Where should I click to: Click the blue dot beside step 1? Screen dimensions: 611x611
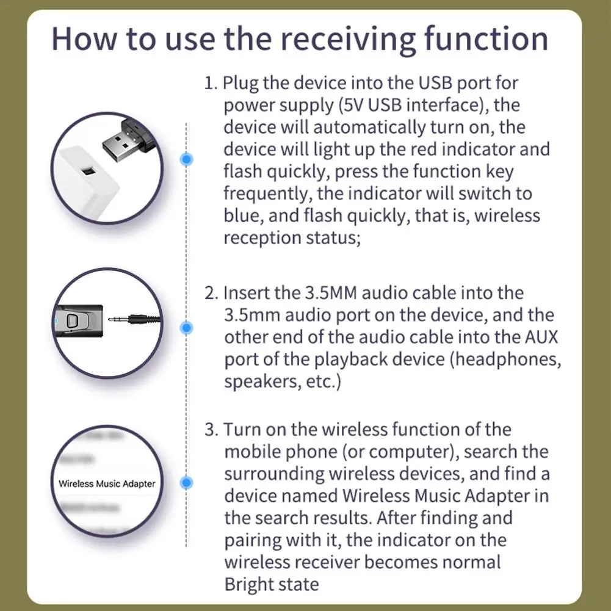click(x=187, y=159)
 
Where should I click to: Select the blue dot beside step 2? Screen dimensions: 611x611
click(x=187, y=327)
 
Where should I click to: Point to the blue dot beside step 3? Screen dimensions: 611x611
click(x=187, y=482)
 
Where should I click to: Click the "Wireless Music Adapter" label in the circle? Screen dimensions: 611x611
click(x=107, y=483)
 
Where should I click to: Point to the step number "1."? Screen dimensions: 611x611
click(x=211, y=83)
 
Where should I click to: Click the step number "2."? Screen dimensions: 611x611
click(x=211, y=293)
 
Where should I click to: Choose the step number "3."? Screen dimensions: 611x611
click(x=211, y=430)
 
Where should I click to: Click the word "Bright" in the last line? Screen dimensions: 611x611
click(x=249, y=584)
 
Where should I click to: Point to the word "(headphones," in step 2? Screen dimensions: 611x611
click(x=505, y=359)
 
